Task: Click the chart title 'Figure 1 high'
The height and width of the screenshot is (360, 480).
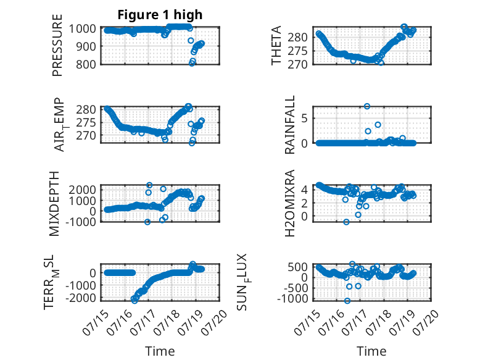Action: click(160, 15)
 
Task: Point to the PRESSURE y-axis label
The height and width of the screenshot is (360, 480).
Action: click(57, 45)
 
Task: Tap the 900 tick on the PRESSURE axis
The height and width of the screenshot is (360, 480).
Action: click(86, 46)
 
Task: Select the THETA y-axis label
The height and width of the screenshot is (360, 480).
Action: click(276, 45)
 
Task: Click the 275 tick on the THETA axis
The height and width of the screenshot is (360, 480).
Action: click(297, 51)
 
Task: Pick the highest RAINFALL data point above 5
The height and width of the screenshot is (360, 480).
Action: click(366, 106)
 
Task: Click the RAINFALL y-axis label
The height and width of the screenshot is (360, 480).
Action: click(289, 125)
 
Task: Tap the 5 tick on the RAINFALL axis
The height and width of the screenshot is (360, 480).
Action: click(304, 119)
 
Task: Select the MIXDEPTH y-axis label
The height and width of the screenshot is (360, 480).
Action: click(54, 204)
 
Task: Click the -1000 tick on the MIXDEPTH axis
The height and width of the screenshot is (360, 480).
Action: click(81, 222)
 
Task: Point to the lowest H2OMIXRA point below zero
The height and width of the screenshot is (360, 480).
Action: click(346, 222)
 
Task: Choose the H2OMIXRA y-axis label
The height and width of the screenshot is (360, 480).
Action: click(289, 203)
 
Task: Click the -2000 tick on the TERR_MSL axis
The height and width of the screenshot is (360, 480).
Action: click(81, 298)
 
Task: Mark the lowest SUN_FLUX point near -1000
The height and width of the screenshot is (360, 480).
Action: click(347, 301)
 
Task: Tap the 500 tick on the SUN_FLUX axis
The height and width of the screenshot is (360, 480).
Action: click(297, 267)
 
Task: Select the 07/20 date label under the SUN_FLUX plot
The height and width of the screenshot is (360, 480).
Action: click(426, 322)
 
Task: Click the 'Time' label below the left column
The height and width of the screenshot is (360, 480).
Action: click(160, 351)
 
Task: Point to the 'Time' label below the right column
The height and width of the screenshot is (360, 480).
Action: click(371, 351)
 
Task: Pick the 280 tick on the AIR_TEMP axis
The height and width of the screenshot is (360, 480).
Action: click(86, 109)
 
